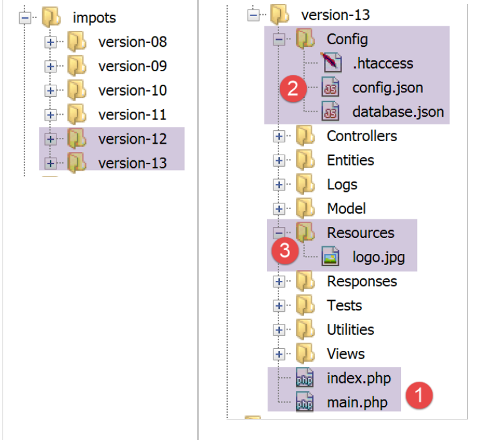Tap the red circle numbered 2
point(293,88)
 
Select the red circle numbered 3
point(285,251)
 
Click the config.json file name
point(388,88)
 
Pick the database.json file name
point(398,112)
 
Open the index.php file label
point(359,378)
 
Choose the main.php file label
point(357,402)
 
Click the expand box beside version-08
point(51,42)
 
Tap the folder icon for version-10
point(76,90)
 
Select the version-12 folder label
point(132,139)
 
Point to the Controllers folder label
point(361,136)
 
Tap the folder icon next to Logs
point(305,185)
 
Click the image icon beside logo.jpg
point(330,257)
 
